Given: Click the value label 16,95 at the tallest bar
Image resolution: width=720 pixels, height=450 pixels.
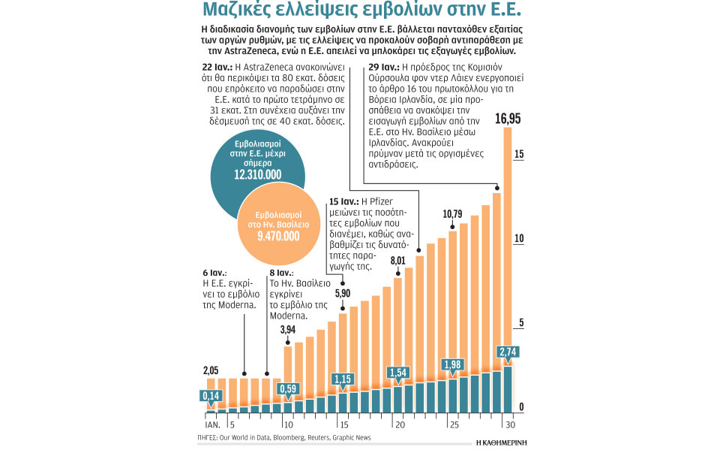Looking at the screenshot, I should [x=508, y=119].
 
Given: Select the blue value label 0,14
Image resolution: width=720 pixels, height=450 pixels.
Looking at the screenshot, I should [x=211, y=396].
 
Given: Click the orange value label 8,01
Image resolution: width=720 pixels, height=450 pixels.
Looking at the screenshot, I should [x=397, y=261].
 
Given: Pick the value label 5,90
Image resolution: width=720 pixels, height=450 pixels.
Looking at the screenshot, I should [x=342, y=294].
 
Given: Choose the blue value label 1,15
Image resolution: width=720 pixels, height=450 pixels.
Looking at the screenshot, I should [x=342, y=378].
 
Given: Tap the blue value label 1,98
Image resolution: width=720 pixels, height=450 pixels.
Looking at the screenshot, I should [x=452, y=364].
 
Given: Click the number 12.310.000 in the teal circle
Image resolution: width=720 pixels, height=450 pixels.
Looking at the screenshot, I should [x=257, y=174].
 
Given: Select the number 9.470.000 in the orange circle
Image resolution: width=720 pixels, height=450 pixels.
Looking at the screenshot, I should [x=278, y=236].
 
